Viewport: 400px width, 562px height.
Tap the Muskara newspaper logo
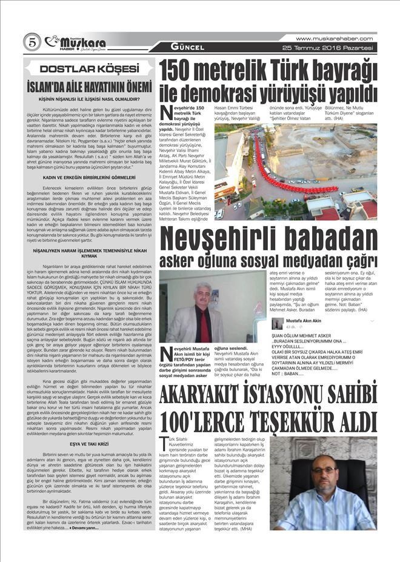coord(77,42)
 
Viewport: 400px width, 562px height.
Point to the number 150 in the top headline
coord(189,72)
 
